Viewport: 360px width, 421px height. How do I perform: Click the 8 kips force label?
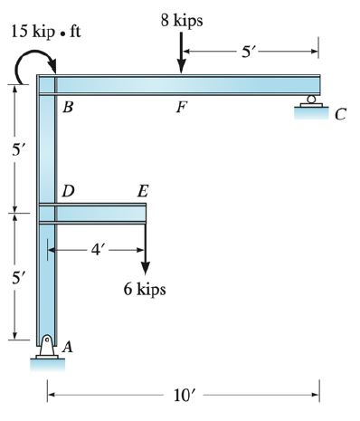[182, 19]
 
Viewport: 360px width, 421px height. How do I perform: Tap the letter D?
[67, 191]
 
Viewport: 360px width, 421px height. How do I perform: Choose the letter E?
[143, 191]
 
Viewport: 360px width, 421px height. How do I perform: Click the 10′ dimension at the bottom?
[183, 395]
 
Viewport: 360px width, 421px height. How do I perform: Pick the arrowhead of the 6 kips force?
[145, 268]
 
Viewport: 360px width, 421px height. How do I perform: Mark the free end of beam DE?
[145, 214]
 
